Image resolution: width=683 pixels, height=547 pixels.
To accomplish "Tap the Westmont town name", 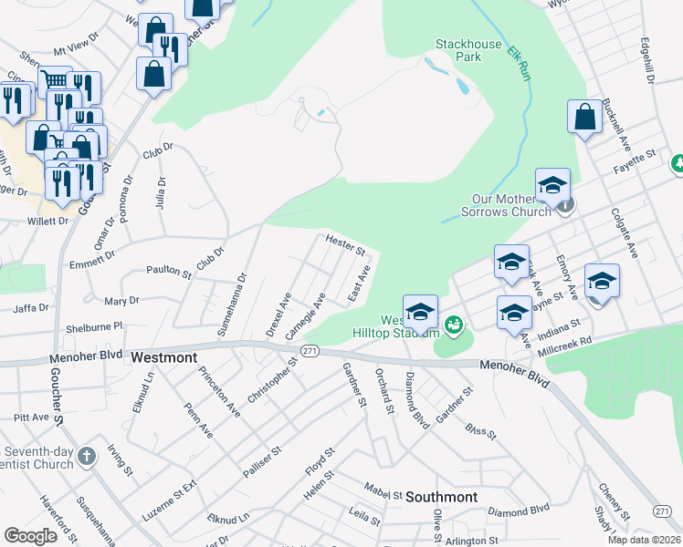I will pyautogui.click(x=163, y=357).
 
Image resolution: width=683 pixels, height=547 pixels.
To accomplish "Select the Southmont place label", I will pyautogui.click(x=441, y=497).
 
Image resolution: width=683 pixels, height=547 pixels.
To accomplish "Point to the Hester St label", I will pyautogui.click(x=345, y=244).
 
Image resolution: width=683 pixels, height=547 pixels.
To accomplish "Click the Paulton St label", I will pyautogui.click(x=169, y=272).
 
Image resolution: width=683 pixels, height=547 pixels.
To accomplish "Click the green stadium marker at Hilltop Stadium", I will pyautogui.click(x=452, y=325).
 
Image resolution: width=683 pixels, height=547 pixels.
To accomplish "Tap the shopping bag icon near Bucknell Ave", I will pyautogui.click(x=584, y=116).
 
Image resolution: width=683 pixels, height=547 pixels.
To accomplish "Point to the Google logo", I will pyautogui.click(x=30, y=536).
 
